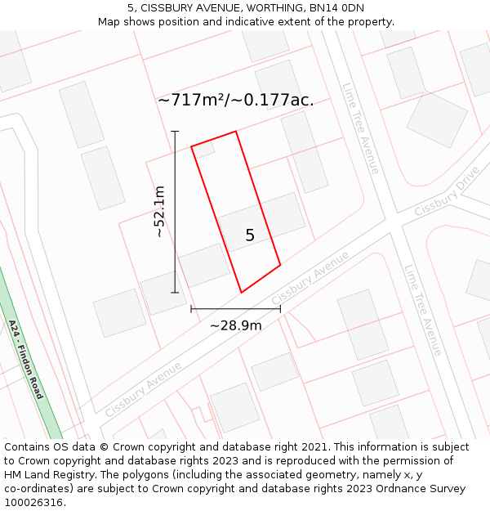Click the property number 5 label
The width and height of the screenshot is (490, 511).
250,235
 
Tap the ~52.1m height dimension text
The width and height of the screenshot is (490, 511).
159,211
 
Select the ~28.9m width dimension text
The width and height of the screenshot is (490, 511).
236,325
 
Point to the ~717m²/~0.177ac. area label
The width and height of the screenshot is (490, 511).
235,100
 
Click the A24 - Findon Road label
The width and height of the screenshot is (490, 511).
25,359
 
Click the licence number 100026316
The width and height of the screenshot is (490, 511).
34,503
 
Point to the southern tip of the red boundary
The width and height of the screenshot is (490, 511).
241,293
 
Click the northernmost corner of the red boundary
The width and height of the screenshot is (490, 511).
236,132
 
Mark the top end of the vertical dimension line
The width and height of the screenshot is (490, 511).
175,131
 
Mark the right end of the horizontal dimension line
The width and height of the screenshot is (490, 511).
280,309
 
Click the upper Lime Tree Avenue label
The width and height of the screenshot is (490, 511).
361,128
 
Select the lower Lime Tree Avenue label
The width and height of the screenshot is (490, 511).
423,309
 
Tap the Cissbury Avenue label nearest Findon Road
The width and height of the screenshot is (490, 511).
143,388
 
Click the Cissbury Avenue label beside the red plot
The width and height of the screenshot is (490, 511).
310,276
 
